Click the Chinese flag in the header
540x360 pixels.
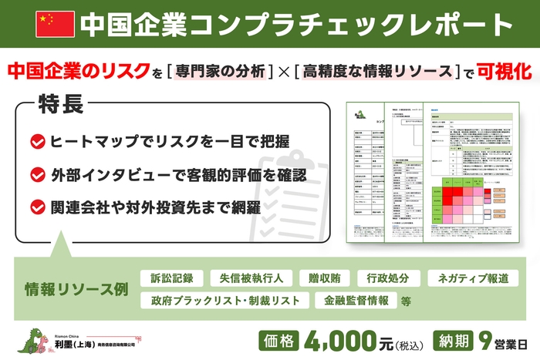(x=56, y=25)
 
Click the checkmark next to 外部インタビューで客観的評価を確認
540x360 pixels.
(x=36, y=174)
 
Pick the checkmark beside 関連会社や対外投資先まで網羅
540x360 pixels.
(x=36, y=207)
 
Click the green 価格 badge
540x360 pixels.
(x=280, y=339)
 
